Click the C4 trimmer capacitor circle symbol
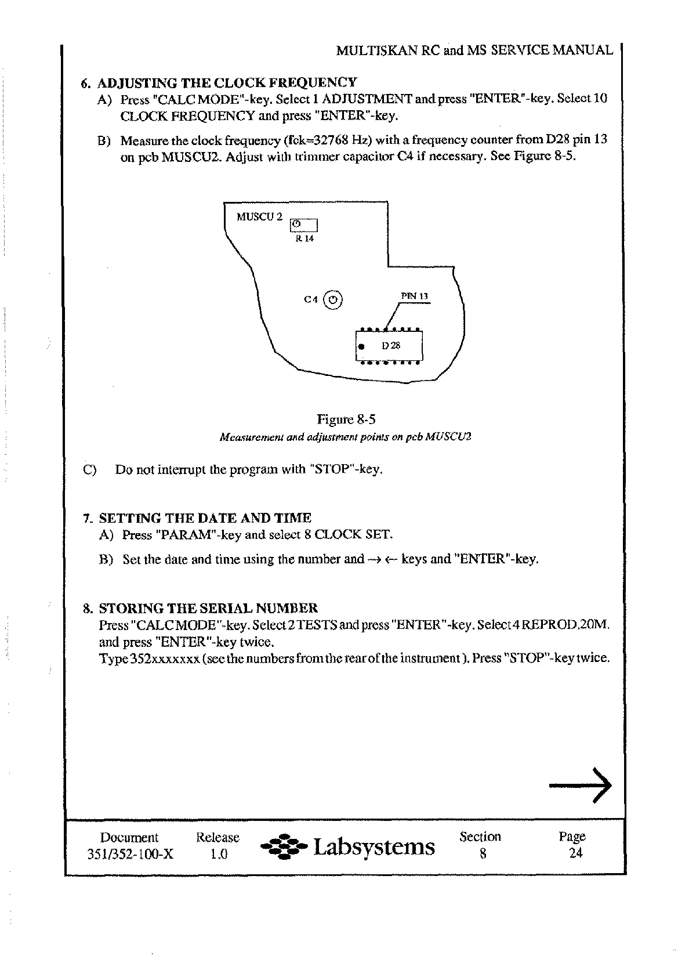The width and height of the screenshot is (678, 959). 332,300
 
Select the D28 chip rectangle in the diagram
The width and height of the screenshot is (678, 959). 389,346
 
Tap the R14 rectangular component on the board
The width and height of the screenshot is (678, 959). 303,225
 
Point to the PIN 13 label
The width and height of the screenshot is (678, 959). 414,296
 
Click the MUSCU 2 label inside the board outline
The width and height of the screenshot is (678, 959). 259,217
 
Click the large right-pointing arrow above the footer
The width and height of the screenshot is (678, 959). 580,786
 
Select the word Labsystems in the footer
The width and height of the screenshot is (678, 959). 374,847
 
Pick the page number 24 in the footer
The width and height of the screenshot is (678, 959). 575,853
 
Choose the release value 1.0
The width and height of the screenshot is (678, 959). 219,854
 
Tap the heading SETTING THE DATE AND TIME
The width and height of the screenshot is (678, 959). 205,518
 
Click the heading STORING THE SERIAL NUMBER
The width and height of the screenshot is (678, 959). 208,609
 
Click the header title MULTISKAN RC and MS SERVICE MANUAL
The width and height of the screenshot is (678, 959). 474,50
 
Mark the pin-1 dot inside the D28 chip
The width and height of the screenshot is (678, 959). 361,347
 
